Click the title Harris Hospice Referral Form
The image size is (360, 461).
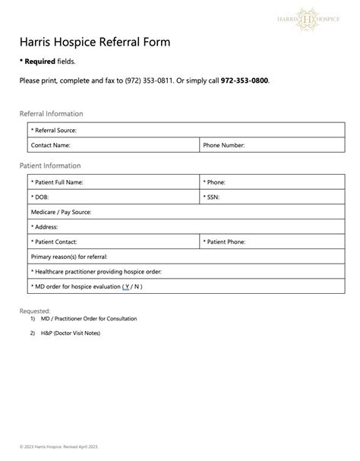click(95, 42)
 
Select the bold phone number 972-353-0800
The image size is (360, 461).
click(244, 81)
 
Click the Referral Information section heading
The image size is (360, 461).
click(51, 114)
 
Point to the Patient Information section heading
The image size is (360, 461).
click(50, 166)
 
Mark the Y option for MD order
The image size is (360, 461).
click(126, 286)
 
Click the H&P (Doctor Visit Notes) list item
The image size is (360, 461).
click(70, 333)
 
